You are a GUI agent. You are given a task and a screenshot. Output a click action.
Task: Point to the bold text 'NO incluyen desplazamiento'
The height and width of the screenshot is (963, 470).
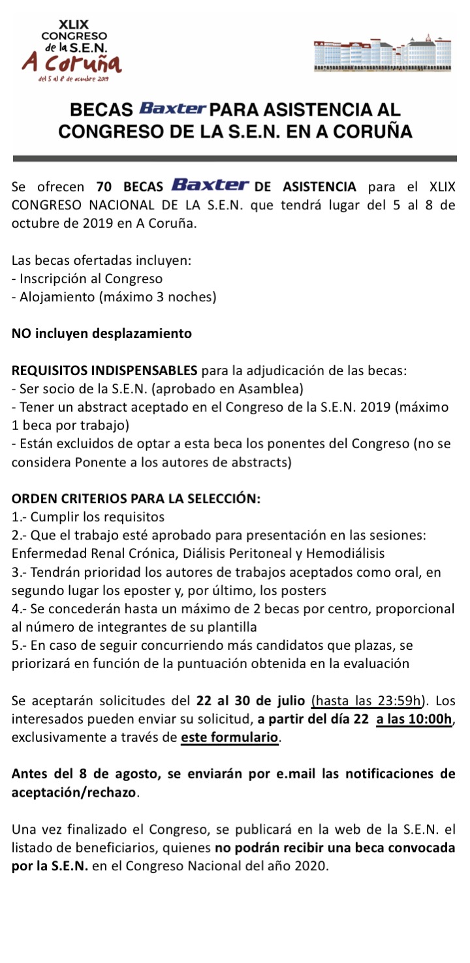[102, 333]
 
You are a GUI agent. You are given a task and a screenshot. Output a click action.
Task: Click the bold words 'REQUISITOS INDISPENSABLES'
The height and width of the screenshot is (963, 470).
[105, 371]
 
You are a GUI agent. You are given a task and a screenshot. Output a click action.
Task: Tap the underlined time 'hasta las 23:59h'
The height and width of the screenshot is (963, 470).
[366, 702]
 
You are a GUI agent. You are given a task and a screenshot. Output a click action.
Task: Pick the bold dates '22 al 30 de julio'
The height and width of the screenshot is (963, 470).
[251, 702]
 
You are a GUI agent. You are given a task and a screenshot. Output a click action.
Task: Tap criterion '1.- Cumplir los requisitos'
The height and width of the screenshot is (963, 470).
[88, 517]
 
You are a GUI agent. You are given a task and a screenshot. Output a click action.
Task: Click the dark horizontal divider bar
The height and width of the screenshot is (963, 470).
[235, 158]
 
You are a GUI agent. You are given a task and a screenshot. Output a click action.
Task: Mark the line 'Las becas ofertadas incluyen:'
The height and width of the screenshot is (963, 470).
[101, 260]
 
